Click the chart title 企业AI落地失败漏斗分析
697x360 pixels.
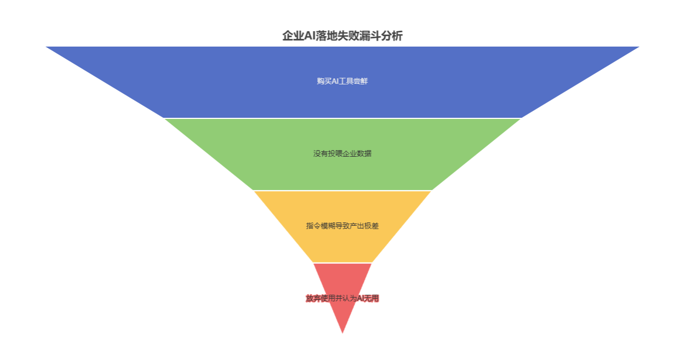[342, 36]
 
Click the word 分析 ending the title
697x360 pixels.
[392, 36]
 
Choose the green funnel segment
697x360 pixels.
[342, 170]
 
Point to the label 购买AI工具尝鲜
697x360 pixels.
[342, 81]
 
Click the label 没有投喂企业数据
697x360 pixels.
[342, 153]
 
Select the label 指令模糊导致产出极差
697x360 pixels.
[342, 226]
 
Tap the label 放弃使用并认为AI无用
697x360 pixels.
[342, 299]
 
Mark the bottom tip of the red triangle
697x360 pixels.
[342, 332]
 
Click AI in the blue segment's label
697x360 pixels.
[336, 81]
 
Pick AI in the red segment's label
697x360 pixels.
[361, 299]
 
